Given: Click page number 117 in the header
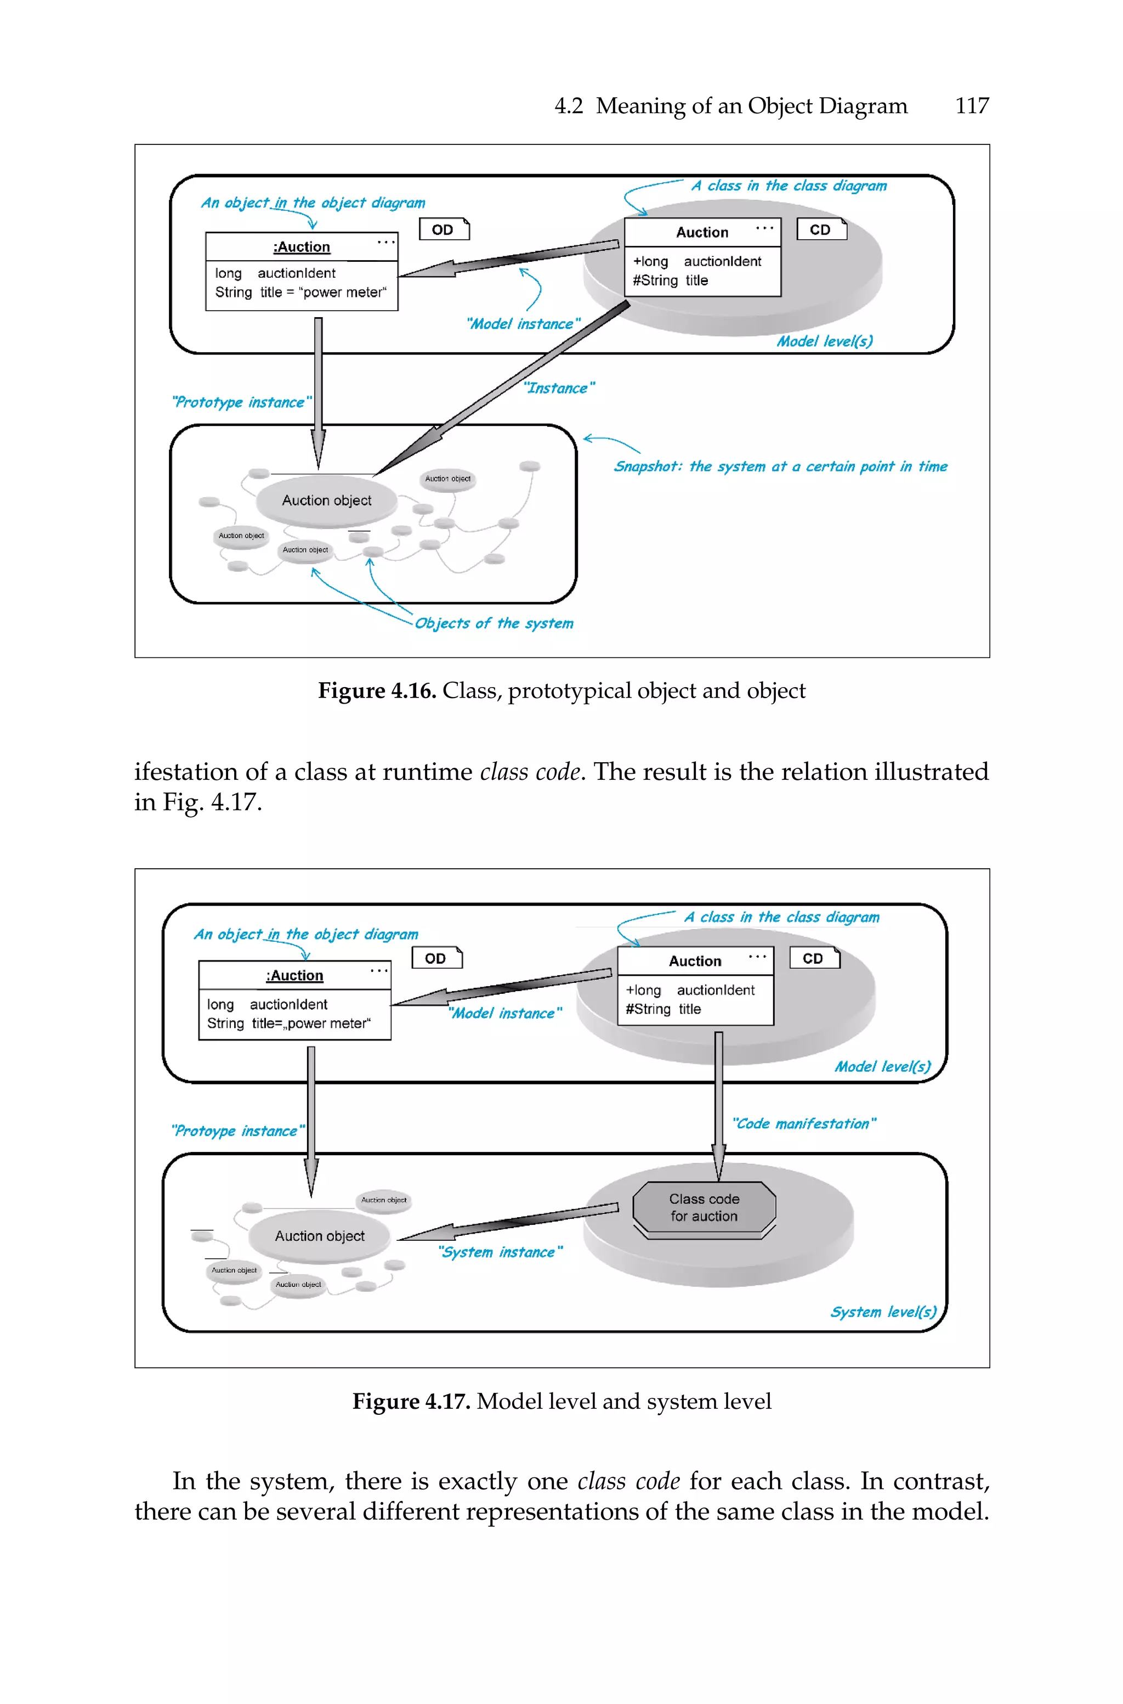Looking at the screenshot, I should (x=971, y=106).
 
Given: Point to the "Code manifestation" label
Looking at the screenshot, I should (x=803, y=1123).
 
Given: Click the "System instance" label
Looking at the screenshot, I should (x=500, y=1252).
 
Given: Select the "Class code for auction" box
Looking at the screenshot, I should (x=704, y=1207).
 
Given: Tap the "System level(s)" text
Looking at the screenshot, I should (x=883, y=1311).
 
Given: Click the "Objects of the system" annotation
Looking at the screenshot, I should (x=494, y=623).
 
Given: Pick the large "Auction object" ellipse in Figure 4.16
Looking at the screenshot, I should (x=327, y=500).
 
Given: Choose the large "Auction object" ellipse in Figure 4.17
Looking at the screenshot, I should (x=320, y=1235).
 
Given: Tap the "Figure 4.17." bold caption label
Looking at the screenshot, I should (x=411, y=1401).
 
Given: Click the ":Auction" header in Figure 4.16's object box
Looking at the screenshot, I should (x=302, y=247).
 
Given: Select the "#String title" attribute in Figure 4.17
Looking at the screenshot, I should (x=663, y=1009).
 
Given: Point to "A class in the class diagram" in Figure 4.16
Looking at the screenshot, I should (x=789, y=185).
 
